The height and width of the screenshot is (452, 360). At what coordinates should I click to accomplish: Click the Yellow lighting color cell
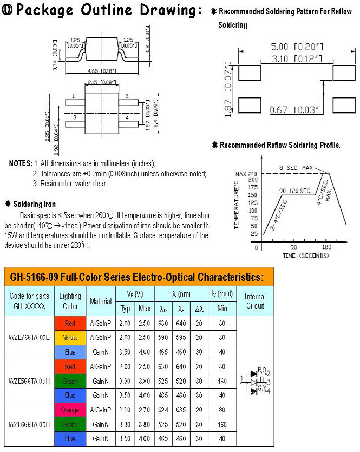pyautogui.click(x=70, y=338)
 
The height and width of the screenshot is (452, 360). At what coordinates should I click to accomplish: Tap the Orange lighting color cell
pyautogui.click(x=70, y=410)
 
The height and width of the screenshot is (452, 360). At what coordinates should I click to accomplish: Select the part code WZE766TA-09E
pyautogui.click(x=29, y=338)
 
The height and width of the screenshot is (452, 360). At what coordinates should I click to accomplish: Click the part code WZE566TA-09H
pyautogui.click(x=29, y=381)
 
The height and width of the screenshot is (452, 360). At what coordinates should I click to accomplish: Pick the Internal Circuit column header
pyautogui.click(x=255, y=301)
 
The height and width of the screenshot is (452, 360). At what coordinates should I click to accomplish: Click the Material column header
pyautogui.click(x=101, y=301)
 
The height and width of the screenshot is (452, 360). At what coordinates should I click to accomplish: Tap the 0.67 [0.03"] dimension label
pyautogui.click(x=296, y=110)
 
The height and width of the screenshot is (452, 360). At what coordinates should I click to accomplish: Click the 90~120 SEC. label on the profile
pyautogui.click(x=296, y=191)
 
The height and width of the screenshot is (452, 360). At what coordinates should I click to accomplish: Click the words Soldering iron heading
pyautogui.click(x=34, y=204)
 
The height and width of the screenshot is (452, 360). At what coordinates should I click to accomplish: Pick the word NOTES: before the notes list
pyautogui.click(x=21, y=163)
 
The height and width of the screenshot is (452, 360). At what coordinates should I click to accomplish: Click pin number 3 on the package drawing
pyautogui.click(x=75, y=116)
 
